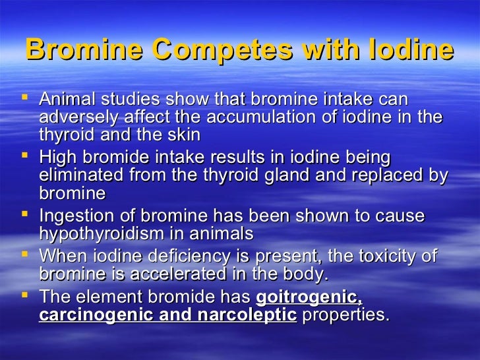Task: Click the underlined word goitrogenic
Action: (309, 297)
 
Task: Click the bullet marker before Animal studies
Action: (26, 100)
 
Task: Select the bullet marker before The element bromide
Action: (26, 297)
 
